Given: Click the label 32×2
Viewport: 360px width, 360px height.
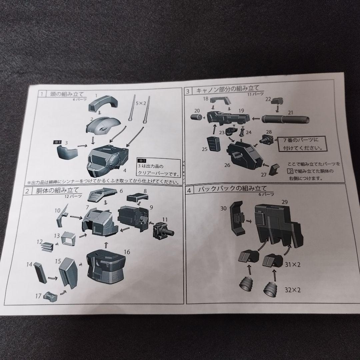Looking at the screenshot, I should [292, 290].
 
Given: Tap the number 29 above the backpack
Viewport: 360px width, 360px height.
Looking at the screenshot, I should [284, 202].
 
